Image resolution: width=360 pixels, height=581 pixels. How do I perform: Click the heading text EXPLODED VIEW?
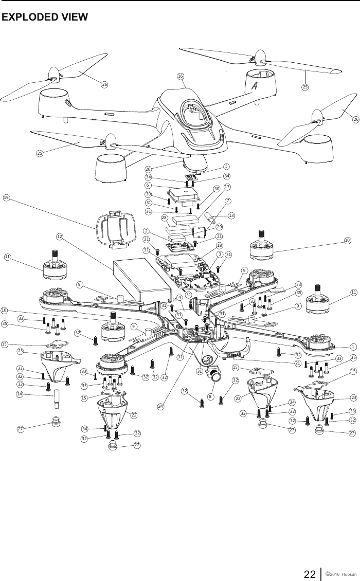(45, 17)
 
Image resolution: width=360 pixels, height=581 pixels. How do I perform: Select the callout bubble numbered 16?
(181, 76)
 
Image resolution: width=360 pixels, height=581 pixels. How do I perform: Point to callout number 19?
(7, 197)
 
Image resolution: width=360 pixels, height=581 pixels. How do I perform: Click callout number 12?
(60, 237)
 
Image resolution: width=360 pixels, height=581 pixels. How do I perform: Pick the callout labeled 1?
(353, 347)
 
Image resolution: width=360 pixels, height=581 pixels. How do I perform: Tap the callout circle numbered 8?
(210, 396)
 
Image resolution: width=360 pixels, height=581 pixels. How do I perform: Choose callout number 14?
(20, 394)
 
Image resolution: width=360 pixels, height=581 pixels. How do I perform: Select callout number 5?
(226, 166)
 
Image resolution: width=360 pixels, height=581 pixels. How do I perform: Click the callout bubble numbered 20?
(148, 169)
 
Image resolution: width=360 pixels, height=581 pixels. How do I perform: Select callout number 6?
(148, 186)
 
